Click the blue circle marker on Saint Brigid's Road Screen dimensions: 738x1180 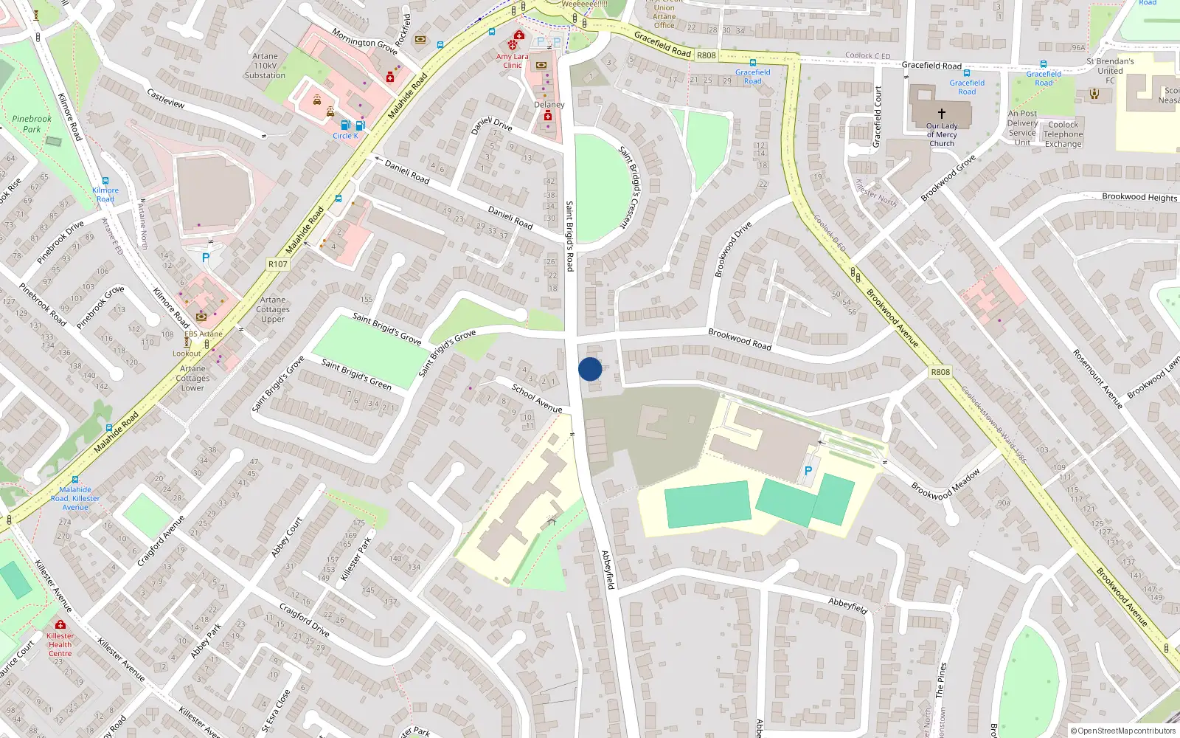[x=590, y=369]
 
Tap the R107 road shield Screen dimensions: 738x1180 [x=278, y=264]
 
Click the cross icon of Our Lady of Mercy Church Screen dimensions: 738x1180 [x=942, y=114]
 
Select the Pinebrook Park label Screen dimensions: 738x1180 [x=32, y=124]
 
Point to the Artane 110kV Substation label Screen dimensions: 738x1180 [x=265, y=66]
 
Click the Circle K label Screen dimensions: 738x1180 [x=345, y=136]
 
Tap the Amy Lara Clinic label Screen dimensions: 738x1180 [x=513, y=61]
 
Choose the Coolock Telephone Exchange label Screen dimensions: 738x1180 [x=1063, y=134]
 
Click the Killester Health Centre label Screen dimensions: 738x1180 [x=60, y=644]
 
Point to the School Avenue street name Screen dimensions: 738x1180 [x=537, y=399]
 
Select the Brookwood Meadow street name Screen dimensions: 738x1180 [x=946, y=485]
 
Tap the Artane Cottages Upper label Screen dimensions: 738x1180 [x=273, y=309]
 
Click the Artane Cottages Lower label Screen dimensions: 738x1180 [x=192, y=378]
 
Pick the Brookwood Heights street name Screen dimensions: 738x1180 [x=1139, y=197]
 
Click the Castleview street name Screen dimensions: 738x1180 [x=166, y=99]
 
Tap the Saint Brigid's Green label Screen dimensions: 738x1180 [x=356, y=374]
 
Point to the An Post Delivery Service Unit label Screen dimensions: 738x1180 [x=1022, y=128]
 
